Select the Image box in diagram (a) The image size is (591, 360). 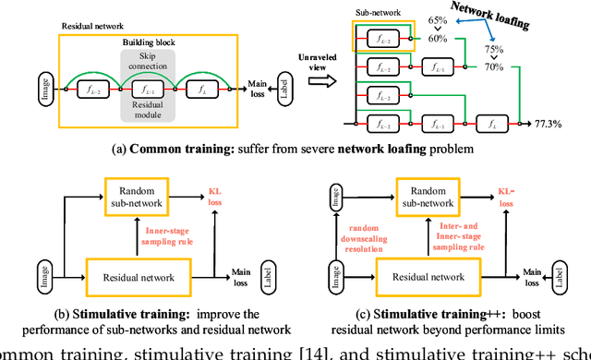[x=43, y=90]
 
